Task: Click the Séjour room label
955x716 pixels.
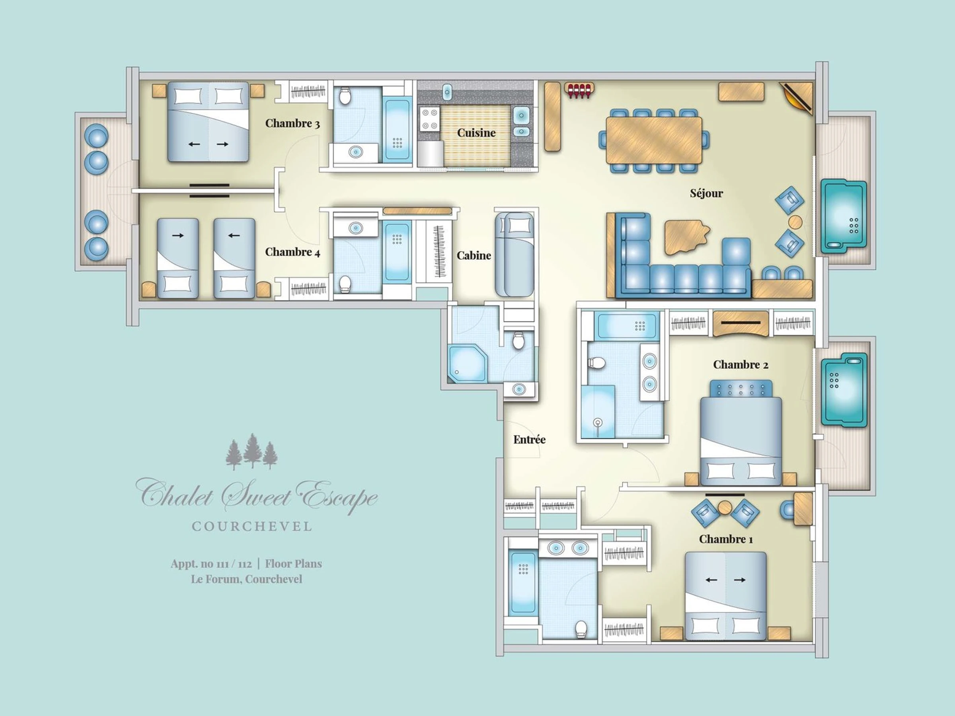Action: [706, 193]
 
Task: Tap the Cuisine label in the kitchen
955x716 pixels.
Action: [476, 132]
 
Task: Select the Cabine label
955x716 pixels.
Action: [474, 255]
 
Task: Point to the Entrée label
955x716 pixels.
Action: [529, 440]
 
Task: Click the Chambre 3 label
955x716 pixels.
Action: [292, 123]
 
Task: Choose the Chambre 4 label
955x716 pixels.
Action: [292, 252]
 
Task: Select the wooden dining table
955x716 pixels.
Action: [654, 140]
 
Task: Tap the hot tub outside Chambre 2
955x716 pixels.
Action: [844, 390]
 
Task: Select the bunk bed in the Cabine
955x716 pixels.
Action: [515, 255]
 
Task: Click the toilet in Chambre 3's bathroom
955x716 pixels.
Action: [345, 96]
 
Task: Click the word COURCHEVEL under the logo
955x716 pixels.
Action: [252, 527]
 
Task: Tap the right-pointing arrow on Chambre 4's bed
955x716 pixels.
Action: [178, 235]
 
